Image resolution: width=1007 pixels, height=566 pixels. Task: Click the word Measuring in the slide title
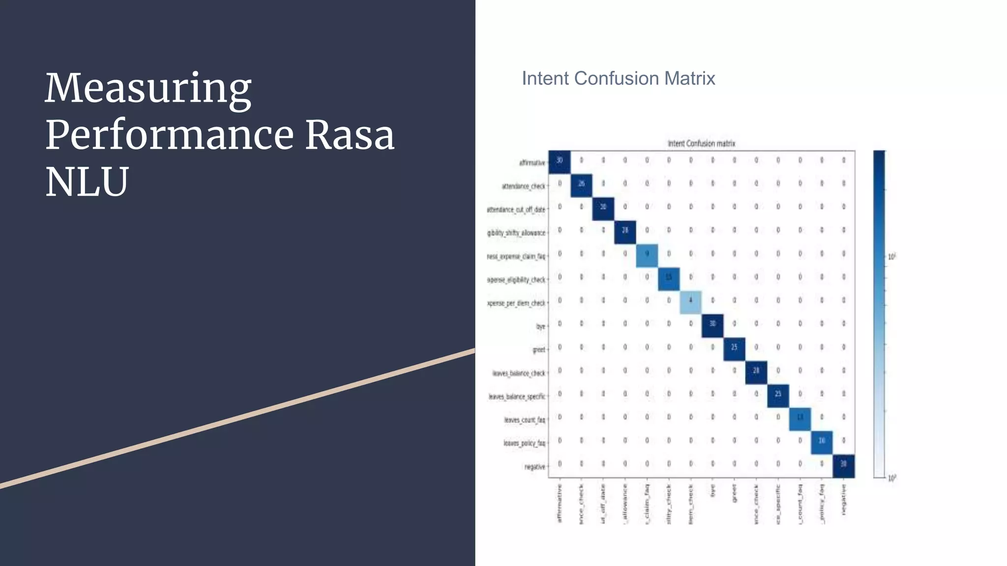148,89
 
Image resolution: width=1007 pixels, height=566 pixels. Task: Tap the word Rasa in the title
350,135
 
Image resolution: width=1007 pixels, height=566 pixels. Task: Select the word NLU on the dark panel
87,182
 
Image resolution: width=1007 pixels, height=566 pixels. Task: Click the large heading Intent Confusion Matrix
618,79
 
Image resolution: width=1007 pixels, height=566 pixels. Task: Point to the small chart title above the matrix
701,143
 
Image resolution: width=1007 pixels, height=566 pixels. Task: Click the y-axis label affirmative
532,163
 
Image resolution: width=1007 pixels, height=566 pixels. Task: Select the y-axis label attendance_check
523,186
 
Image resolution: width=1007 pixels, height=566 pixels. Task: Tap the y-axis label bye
540,326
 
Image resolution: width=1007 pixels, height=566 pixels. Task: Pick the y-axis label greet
539,350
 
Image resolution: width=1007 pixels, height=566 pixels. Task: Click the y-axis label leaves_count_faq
524,420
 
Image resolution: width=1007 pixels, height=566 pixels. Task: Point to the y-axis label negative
534,467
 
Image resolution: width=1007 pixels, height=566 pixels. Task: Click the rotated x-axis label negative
844,500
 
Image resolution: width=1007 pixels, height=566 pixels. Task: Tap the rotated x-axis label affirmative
560,504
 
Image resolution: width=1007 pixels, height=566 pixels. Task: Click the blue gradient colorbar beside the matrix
879,314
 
